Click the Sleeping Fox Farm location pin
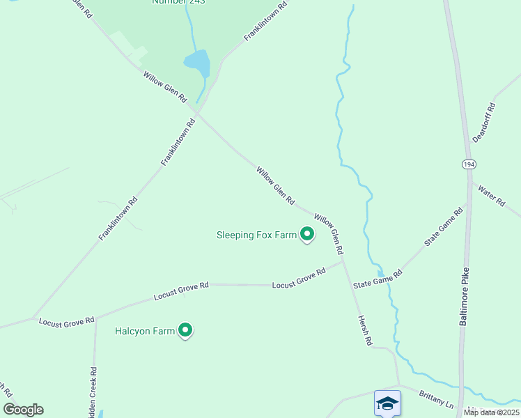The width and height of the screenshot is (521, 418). (306, 234)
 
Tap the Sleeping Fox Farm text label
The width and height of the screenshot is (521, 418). (257, 235)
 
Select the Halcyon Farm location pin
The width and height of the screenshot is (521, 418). (185, 330)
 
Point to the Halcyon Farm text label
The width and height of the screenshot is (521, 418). (144, 331)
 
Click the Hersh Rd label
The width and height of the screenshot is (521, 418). (366, 330)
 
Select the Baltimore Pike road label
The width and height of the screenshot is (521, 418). (464, 295)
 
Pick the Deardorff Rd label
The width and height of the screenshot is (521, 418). (483, 123)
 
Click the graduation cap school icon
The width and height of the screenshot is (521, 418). (387, 403)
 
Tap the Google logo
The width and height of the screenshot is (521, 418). (23, 410)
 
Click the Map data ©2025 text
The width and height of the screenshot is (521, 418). (490, 412)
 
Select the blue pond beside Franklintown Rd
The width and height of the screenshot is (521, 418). (198, 63)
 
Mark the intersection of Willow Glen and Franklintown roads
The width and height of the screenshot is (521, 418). (199, 114)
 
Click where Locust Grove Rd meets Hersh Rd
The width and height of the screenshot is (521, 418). (343, 262)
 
